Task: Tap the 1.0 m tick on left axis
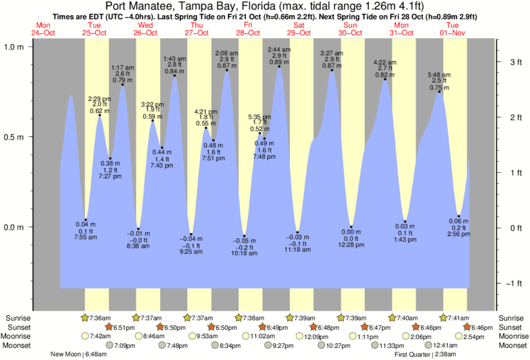(x=15, y=47)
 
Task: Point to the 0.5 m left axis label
(x=15, y=137)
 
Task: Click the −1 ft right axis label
(x=514, y=284)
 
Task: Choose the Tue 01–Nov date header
(x=452, y=28)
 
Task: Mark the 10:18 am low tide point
(x=244, y=236)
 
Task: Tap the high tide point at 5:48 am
(x=439, y=92)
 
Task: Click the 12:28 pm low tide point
(x=351, y=227)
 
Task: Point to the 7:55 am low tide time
(x=86, y=236)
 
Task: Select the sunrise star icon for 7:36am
(x=85, y=318)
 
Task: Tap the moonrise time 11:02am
(x=262, y=337)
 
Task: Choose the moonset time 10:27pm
(x=339, y=346)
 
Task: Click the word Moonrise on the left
(x=20, y=337)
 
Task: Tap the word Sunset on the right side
(x=512, y=327)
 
